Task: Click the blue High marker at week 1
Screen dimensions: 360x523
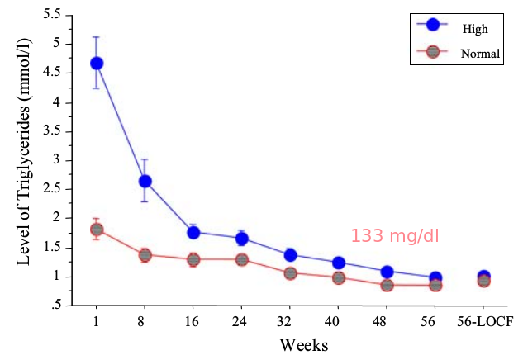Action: click(97, 63)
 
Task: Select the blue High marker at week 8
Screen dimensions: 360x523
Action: click(145, 181)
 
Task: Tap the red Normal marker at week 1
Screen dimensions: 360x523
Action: click(97, 229)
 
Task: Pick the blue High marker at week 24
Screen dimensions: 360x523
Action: click(242, 239)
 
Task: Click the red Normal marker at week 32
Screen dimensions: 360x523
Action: click(291, 272)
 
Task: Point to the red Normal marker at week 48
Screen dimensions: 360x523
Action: click(387, 285)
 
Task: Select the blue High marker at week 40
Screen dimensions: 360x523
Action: click(339, 263)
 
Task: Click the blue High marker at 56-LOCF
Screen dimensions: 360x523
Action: click(483, 277)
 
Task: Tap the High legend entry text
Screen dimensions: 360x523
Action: click(475, 28)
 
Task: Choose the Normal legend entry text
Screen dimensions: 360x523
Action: click(480, 54)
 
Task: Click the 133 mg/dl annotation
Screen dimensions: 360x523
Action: click(395, 236)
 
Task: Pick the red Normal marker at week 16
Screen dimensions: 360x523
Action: click(193, 259)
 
